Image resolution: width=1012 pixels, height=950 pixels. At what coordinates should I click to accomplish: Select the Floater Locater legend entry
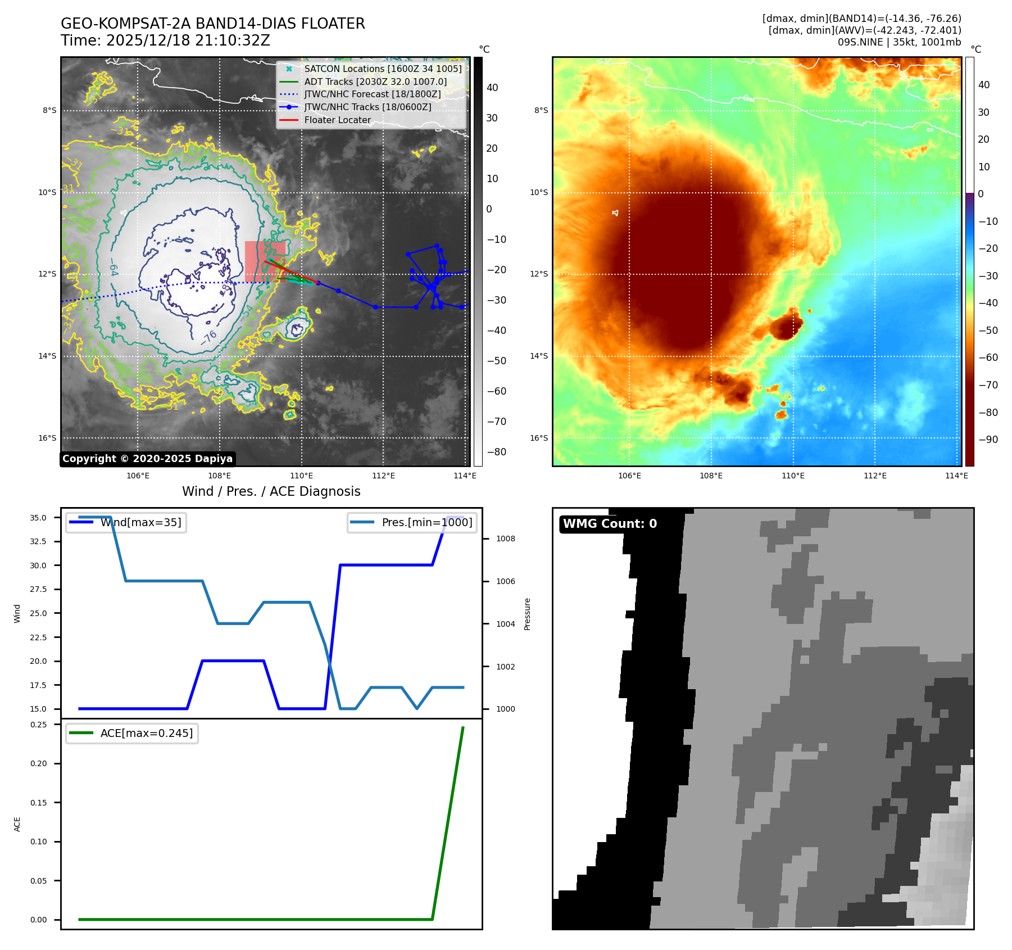pos(337,120)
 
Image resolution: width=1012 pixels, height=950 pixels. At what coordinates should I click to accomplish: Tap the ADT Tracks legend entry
pos(375,82)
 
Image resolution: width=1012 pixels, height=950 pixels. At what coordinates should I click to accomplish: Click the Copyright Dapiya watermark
pos(147,459)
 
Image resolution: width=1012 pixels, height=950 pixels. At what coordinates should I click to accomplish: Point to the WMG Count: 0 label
pos(610,524)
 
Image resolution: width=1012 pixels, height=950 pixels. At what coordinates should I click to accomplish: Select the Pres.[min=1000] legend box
pos(412,522)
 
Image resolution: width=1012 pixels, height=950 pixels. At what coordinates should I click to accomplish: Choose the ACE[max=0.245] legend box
pos(132,733)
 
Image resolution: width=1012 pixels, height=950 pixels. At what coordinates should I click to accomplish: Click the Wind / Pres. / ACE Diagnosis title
pos(271,491)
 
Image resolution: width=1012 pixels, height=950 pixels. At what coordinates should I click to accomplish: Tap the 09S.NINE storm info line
pos(899,42)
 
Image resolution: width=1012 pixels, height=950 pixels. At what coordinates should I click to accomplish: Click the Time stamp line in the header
pos(165,40)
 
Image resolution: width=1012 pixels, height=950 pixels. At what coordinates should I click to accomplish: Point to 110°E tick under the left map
pos(302,476)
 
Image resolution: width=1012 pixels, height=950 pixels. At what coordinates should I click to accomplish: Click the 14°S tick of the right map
pos(539,356)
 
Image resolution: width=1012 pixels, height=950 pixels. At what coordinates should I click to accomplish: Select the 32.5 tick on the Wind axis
pos(38,541)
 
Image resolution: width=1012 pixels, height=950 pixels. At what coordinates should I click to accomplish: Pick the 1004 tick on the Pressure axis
pos(505,624)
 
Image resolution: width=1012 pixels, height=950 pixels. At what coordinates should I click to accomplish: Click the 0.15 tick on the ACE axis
pos(39,803)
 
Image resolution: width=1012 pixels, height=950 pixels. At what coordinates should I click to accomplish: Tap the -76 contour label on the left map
pos(208,337)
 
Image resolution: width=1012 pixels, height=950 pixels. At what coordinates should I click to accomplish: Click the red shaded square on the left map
pos(265,261)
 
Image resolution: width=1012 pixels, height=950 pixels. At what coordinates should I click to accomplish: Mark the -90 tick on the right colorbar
pos(988,440)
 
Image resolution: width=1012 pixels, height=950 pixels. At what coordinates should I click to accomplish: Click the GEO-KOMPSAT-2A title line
pos(212,24)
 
